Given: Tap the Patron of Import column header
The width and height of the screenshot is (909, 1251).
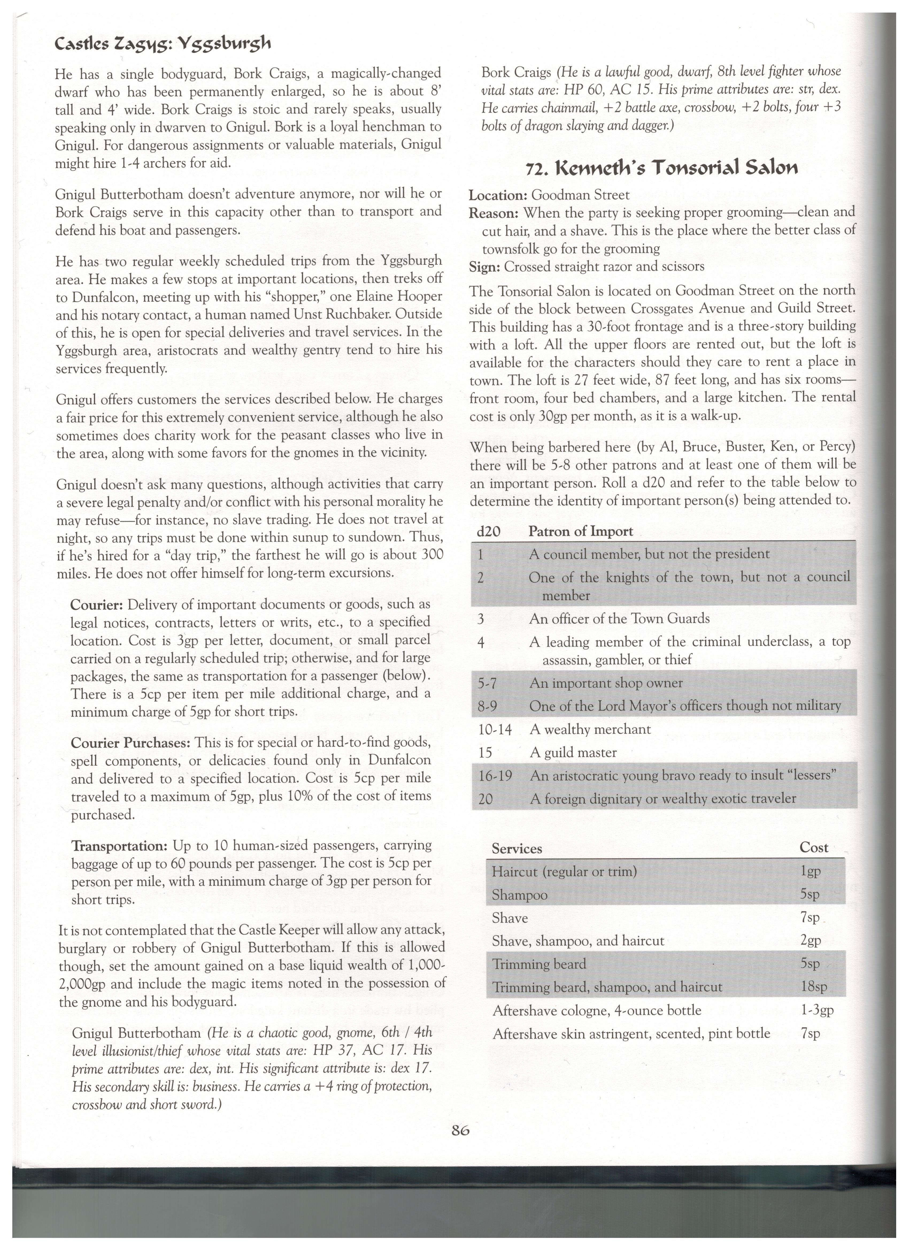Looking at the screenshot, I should (580, 531).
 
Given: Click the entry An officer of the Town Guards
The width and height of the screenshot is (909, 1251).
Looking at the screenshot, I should (619, 618).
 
